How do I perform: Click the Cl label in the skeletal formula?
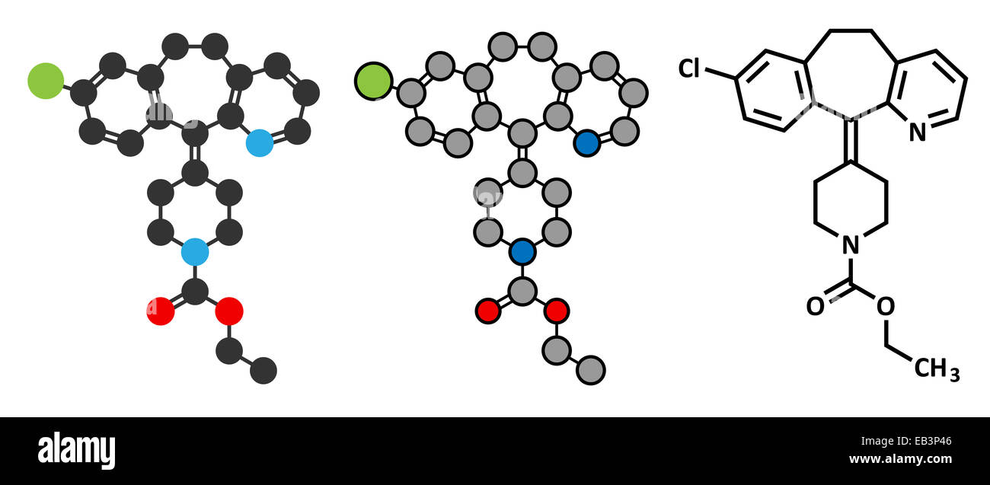(689, 69)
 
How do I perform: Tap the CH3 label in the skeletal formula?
(937, 369)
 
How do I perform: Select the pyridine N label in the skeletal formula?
(918, 132)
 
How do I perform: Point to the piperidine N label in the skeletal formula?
(851, 244)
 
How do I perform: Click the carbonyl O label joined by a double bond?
(816, 306)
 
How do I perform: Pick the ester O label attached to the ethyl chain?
(886, 306)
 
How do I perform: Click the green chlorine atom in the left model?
(46, 81)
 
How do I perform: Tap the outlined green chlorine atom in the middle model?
(373, 81)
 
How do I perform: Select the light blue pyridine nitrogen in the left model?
(260, 143)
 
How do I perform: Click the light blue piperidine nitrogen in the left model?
(195, 252)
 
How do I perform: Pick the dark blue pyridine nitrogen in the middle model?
(587, 143)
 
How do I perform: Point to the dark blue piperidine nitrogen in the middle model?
(522, 252)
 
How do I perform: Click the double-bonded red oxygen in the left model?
(161, 311)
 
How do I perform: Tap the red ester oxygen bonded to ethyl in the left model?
(229, 311)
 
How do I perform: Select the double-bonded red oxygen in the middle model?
(488, 311)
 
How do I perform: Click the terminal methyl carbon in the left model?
(263, 370)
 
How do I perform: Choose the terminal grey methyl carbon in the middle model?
(591, 370)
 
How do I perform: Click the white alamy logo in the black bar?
(76, 450)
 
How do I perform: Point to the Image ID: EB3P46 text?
(906, 441)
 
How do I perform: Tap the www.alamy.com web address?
(901, 459)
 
